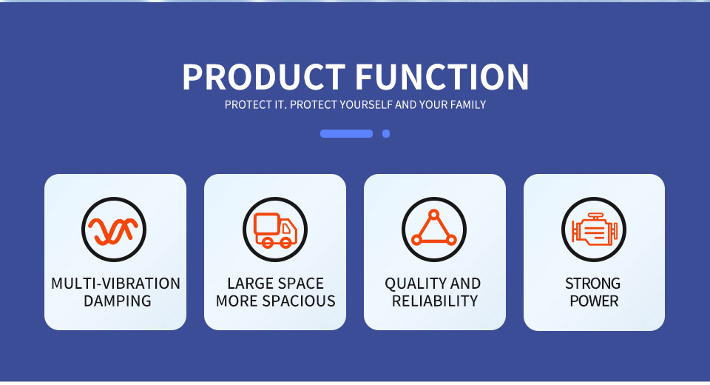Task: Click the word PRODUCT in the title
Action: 264,77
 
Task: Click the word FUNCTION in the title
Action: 442,77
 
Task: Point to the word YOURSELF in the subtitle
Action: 366,104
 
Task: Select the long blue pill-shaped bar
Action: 346,133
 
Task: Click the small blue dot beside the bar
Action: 386,133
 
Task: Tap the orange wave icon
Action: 113,230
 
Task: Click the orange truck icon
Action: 275,230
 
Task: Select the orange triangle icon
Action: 434,228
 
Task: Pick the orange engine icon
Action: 594,229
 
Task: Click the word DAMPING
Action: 118,301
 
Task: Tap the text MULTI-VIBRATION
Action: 115,284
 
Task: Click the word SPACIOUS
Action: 300,301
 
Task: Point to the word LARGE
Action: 248,284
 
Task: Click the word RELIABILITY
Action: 435,301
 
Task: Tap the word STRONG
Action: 592,284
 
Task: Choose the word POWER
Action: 594,301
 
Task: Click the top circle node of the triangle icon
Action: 434,214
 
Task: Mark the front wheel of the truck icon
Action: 285,243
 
